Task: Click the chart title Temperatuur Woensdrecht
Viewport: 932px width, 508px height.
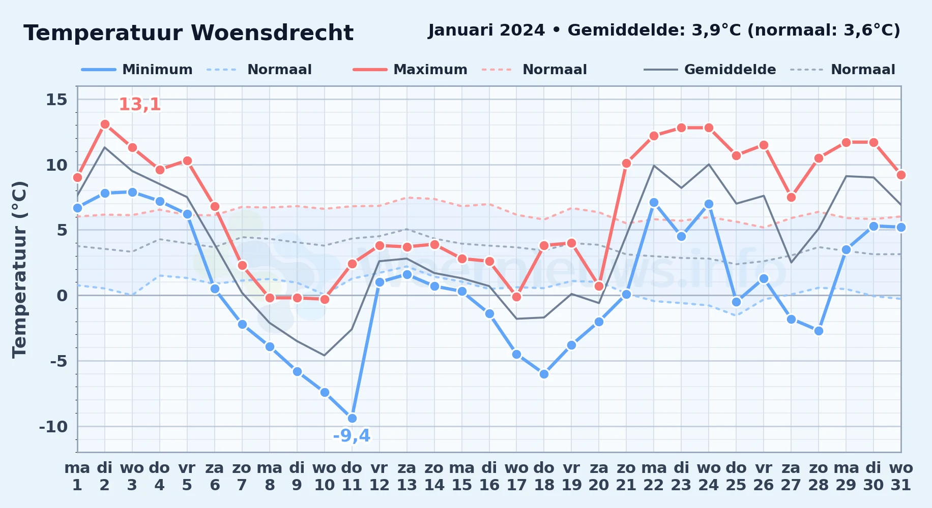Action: coord(188,33)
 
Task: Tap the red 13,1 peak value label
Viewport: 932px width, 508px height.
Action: coord(140,105)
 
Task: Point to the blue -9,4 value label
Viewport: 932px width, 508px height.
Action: coord(352,436)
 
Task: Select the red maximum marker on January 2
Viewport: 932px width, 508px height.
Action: coord(105,124)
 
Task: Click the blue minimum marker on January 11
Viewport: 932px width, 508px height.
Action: coord(352,418)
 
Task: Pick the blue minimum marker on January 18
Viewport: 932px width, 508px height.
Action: coord(544,374)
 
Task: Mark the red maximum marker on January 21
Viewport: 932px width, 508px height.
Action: coord(626,163)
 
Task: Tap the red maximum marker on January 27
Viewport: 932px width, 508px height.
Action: coord(791,197)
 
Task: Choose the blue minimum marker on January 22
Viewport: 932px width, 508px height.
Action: coord(654,202)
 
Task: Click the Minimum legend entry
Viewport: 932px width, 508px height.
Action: coord(137,70)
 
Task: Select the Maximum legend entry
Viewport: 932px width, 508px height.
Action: coord(410,70)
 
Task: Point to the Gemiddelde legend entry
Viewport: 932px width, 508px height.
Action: coord(710,70)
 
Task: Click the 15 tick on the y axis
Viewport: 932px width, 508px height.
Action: coord(56,100)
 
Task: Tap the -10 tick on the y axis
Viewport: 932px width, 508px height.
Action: coord(53,427)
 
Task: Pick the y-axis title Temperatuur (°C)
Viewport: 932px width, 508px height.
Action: coord(19,269)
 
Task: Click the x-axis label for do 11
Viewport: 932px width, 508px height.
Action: coord(352,477)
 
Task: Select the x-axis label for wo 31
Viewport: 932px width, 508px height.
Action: coord(901,477)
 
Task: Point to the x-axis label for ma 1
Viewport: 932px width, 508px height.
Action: coord(77,477)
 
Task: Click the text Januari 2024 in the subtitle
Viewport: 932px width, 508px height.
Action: coord(486,30)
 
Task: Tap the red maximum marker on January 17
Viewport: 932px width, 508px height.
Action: coord(516,297)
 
